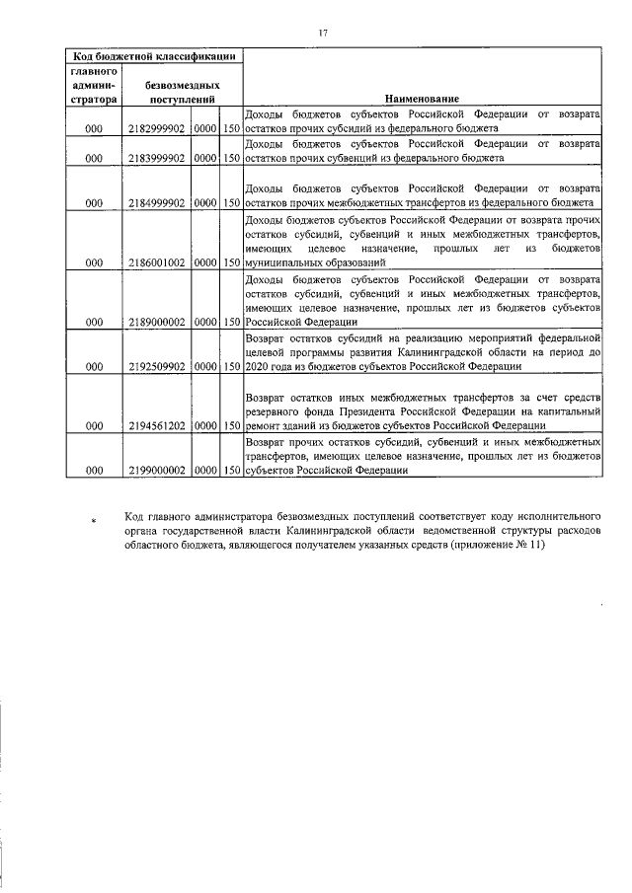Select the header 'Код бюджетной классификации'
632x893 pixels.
click(153, 56)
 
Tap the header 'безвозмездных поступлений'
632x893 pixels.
click(183, 93)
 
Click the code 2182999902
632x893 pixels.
click(157, 129)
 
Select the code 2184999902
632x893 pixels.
click(157, 204)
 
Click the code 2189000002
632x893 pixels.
click(157, 322)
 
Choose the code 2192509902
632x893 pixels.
click(157, 367)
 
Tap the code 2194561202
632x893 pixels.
click(157, 426)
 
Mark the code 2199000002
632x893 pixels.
click(157, 472)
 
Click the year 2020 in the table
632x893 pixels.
click(257, 367)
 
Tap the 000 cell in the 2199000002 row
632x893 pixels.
click(94, 472)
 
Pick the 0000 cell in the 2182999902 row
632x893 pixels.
click(205, 129)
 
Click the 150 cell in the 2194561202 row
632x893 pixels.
click(232, 426)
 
